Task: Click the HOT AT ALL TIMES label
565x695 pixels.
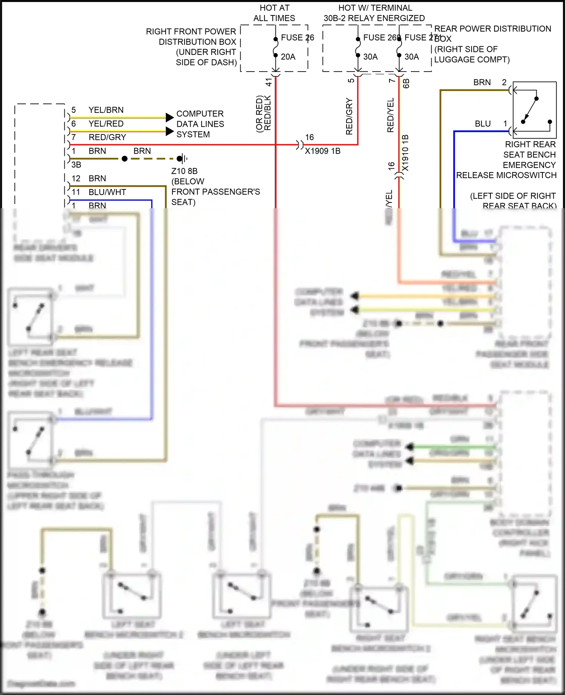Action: [274, 13]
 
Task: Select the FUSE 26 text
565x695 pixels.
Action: [297, 38]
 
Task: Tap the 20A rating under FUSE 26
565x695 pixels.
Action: [288, 57]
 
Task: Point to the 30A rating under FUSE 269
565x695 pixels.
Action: [370, 57]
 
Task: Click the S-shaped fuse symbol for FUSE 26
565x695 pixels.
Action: [276, 47]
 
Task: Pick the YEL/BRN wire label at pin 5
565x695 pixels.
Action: [106, 110]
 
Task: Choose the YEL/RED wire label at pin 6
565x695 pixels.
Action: [106, 123]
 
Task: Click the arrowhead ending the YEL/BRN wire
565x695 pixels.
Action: [169, 117]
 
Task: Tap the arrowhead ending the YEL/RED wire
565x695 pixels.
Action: [169, 131]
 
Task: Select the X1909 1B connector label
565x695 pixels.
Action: [322, 151]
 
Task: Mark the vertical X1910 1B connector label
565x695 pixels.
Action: [405, 152]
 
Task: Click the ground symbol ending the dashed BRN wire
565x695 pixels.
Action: [182, 159]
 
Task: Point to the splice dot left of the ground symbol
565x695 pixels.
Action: [125, 159]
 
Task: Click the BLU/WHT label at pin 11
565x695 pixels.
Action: [107, 192]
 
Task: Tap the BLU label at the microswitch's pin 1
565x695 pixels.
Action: [483, 123]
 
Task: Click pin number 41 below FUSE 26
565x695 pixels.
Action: [269, 82]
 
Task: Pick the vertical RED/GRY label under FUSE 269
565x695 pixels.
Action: [349, 116]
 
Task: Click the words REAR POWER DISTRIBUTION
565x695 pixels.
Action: [492, 29]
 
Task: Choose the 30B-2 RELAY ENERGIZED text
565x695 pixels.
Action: [374, 18]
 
